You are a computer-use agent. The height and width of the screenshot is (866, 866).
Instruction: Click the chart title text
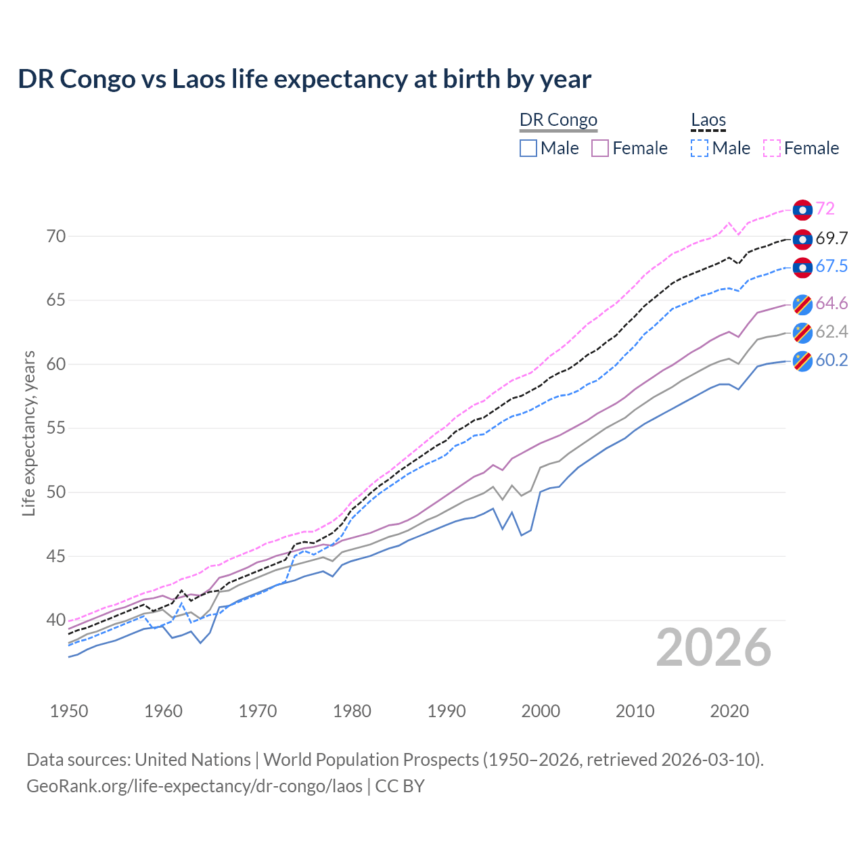point(304,79)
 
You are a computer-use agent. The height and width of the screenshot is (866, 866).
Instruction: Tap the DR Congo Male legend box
point(528,148)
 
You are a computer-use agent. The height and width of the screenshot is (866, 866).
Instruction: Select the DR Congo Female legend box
point(600,148)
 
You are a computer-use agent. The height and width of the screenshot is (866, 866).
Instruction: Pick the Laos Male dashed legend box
point(700,148)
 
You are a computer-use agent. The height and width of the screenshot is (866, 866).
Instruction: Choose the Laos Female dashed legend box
point(772,148)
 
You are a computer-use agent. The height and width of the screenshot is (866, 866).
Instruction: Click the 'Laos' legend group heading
point(708,120)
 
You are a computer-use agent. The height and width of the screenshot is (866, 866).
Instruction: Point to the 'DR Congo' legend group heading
point(558,120)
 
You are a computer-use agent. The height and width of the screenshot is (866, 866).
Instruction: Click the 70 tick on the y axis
point(56,236)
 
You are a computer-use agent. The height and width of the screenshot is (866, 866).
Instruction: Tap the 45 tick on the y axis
point(56,556)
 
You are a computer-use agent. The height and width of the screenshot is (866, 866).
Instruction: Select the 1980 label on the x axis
point(352,711)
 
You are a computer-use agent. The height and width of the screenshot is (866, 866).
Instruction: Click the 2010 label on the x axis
point(635,711)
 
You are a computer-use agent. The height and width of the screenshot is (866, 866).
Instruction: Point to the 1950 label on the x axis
point(70,711)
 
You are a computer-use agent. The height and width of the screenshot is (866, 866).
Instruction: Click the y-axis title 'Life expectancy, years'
point(28,433)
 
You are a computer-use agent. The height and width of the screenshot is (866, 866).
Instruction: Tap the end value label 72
point(825,209)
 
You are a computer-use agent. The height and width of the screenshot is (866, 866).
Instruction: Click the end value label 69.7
point(831,239)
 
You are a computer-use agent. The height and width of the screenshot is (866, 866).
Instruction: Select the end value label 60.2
point(831,361)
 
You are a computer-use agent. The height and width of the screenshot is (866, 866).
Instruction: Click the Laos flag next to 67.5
point(802,267)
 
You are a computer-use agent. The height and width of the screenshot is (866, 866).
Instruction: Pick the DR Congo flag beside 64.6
point(802,304)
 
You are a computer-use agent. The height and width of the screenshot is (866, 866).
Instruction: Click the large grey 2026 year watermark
point(714,648)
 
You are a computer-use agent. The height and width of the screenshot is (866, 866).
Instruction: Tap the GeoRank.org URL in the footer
point(194,786)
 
